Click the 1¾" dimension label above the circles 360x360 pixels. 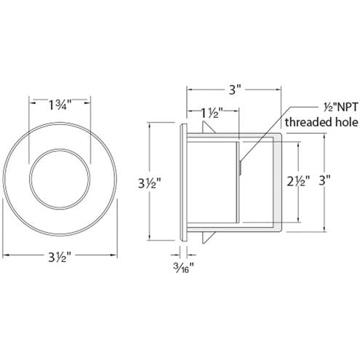pyautogui.click(x=59, y=105)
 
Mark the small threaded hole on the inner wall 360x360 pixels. pyautogui.click(x=240, y=167)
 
